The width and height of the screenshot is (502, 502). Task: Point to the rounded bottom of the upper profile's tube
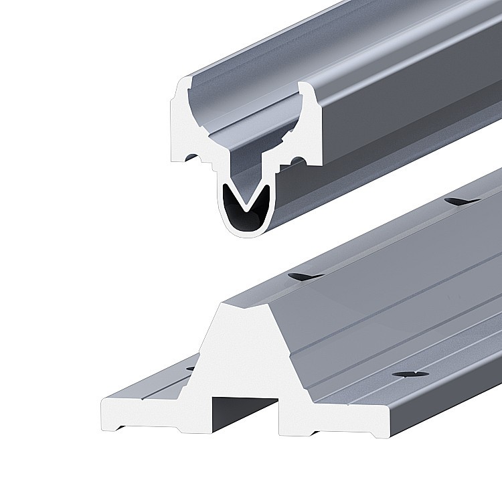246,233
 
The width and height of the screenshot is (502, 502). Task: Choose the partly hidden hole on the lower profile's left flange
190,367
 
